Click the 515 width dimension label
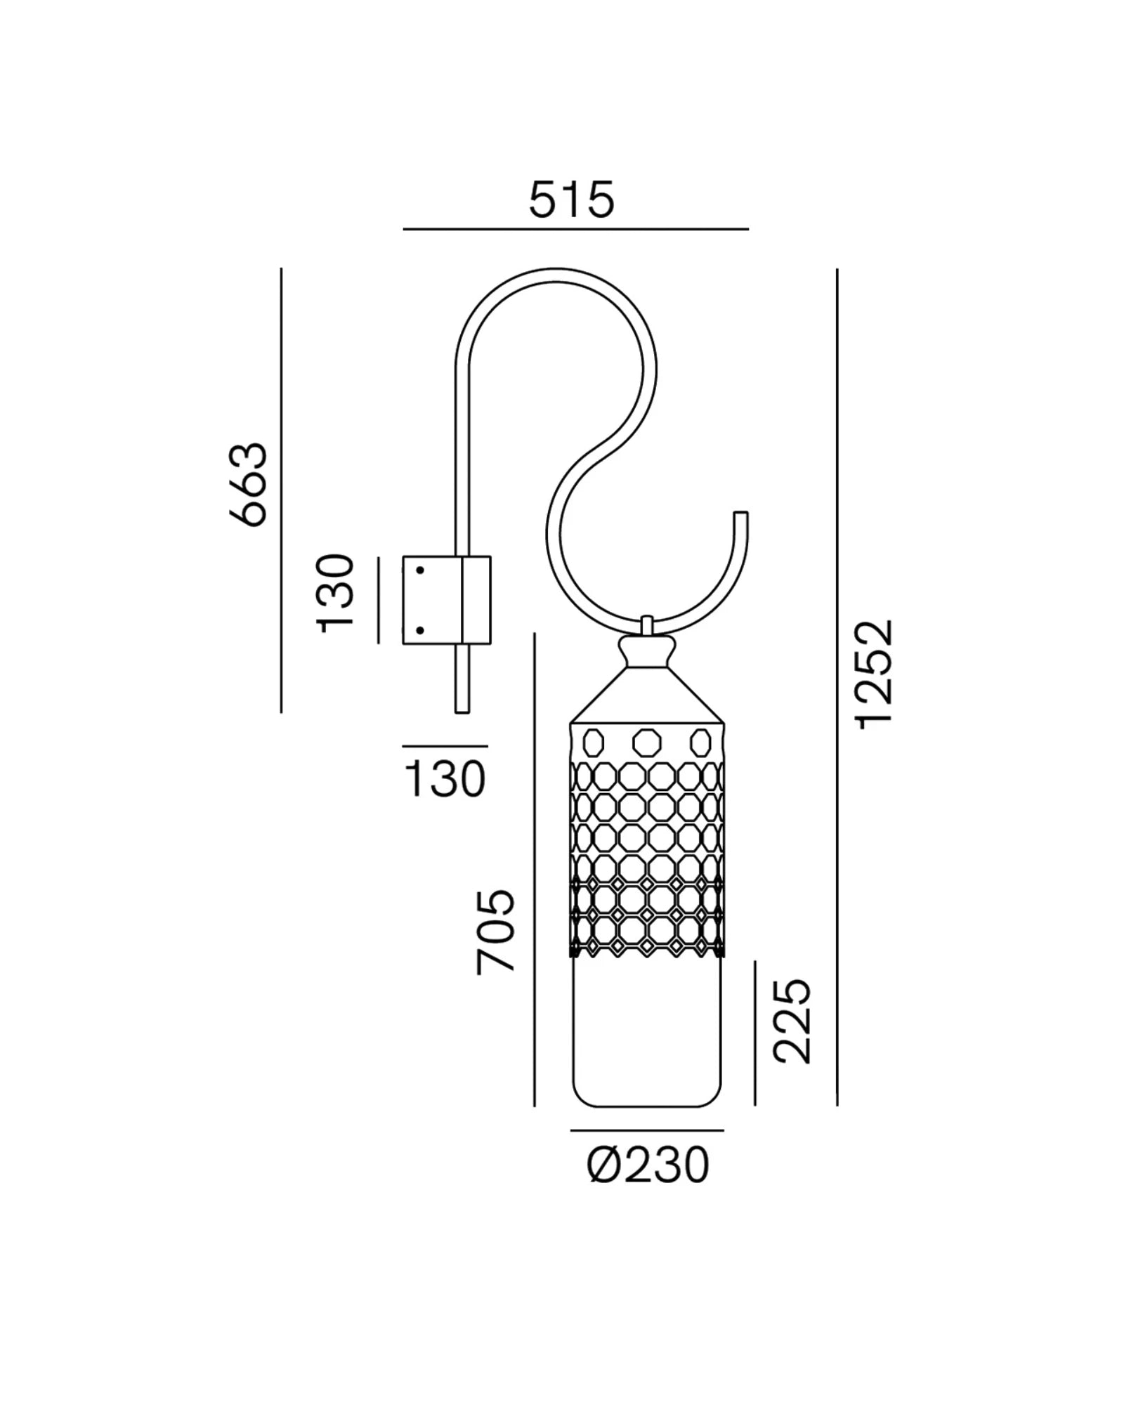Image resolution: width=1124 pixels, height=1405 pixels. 572,200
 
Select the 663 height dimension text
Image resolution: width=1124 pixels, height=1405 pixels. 249,484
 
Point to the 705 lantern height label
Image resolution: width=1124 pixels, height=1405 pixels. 496,932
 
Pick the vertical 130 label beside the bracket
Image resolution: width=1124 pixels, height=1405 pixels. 335,594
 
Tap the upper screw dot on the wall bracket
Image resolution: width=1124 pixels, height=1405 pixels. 420,570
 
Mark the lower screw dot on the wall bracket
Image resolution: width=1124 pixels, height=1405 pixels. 420,630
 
